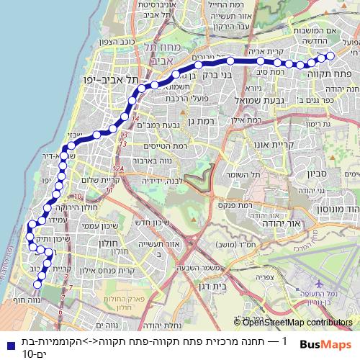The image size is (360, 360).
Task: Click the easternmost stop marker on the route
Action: [x=330, y=55]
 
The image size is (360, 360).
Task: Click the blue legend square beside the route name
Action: [x=6, y=342]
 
